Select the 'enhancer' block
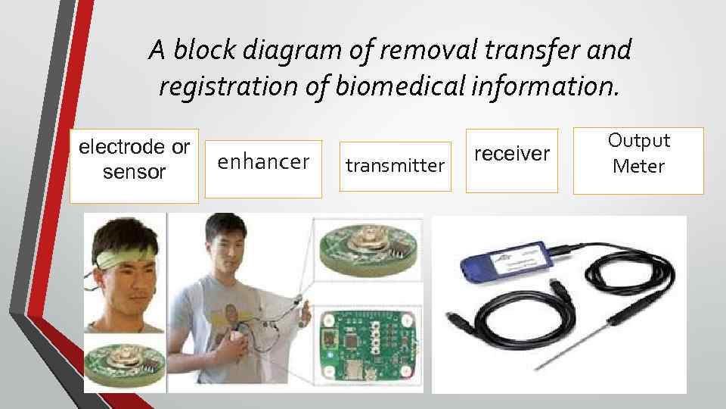point(263,169)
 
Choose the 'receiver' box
point(512,160)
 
